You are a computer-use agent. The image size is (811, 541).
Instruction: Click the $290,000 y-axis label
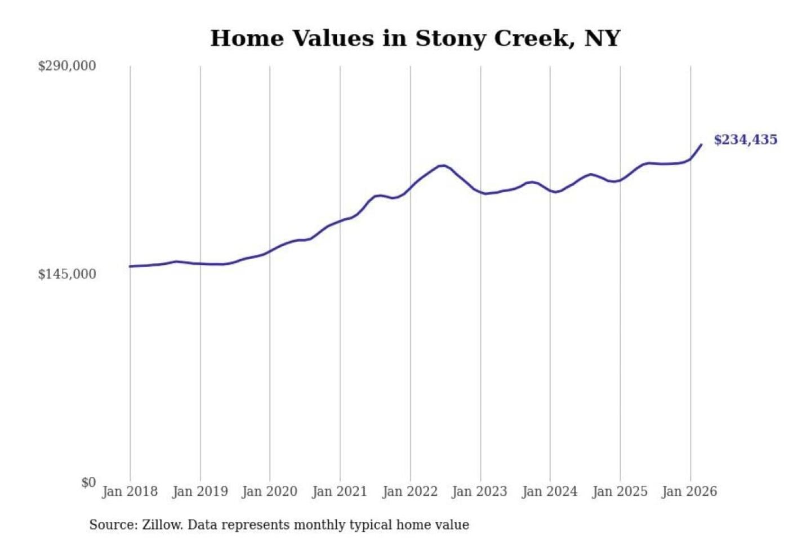tap(66, 66)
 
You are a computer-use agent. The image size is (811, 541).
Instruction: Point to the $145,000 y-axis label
tap(66, 274)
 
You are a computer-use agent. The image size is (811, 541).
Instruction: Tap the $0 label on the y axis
tap(88, 482)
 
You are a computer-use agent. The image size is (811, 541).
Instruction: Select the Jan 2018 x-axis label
tap(130, 491)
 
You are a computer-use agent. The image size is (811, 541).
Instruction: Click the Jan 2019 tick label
tap(200, 491)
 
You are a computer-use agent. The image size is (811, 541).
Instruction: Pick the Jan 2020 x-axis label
tap(269, 491)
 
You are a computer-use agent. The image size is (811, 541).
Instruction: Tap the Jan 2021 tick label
tap(340, 491)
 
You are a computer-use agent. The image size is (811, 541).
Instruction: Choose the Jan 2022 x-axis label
tap(410, 491)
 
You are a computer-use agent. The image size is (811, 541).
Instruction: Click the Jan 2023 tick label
tap(480, 491)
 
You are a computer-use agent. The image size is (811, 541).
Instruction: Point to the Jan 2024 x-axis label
tap(550, 491)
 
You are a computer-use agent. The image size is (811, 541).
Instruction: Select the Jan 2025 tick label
tap(620, 491)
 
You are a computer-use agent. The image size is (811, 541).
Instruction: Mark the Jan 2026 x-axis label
tap(690, 491)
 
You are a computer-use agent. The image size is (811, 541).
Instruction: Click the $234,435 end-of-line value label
tap(745, 140)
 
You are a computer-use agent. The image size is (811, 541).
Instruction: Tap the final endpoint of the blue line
tap(701, 145)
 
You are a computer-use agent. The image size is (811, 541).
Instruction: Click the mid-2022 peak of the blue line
tap(443, 165)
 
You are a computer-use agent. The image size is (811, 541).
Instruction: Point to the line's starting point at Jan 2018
tap(130, 266)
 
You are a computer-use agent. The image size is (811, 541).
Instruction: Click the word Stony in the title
tap(451, 38)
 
